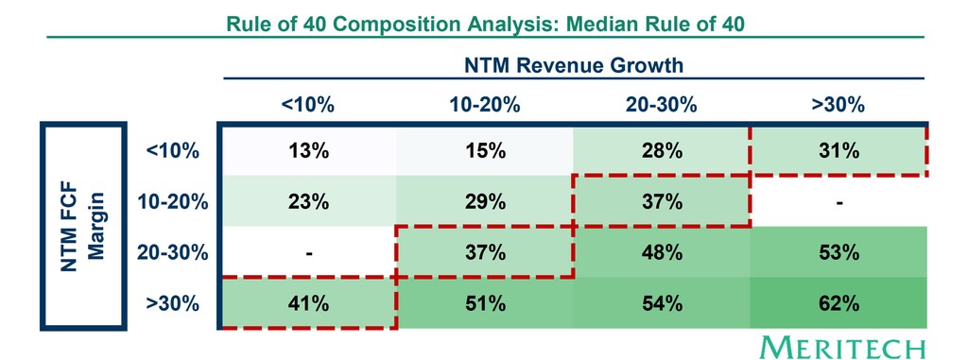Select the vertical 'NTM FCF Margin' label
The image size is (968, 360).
pos(82,226)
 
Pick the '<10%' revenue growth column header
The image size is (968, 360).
pos(307,105)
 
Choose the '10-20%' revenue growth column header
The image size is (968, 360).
pos(485,105)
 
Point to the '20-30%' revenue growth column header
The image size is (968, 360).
pos(662,105)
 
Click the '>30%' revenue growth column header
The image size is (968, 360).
pos(838,105)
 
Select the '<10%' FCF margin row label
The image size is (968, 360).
pos(173,149)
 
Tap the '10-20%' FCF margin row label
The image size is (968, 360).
pos(173,200)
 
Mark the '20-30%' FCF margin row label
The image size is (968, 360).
pos(173,252)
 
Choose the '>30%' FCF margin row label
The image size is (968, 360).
pos(173,303)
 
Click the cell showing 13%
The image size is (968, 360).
pos(307,149)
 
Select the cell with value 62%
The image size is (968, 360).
pos(838,303)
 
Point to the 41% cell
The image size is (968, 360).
pos(307,303)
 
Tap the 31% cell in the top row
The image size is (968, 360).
pos(838,149)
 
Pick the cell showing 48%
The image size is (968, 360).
pos(662,252)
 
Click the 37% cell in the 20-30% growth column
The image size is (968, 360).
pos(662,200)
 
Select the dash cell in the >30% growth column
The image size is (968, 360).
pos(838,200)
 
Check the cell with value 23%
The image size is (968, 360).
pos(307,200)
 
